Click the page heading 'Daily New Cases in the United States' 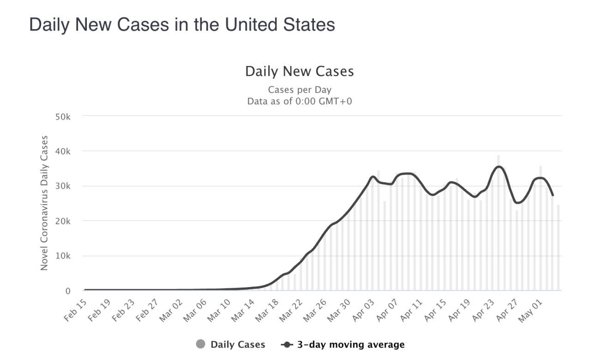(182, 24)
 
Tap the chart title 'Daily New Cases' (299, 72)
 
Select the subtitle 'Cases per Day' (299, 90)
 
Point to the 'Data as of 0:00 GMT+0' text (299, 101)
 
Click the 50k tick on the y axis (62, 117)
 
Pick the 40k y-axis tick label (62, 151)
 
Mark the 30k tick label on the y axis (62, 186)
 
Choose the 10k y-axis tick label (62, 256)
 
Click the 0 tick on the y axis (67, 291)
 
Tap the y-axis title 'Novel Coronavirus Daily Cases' (44, 203)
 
